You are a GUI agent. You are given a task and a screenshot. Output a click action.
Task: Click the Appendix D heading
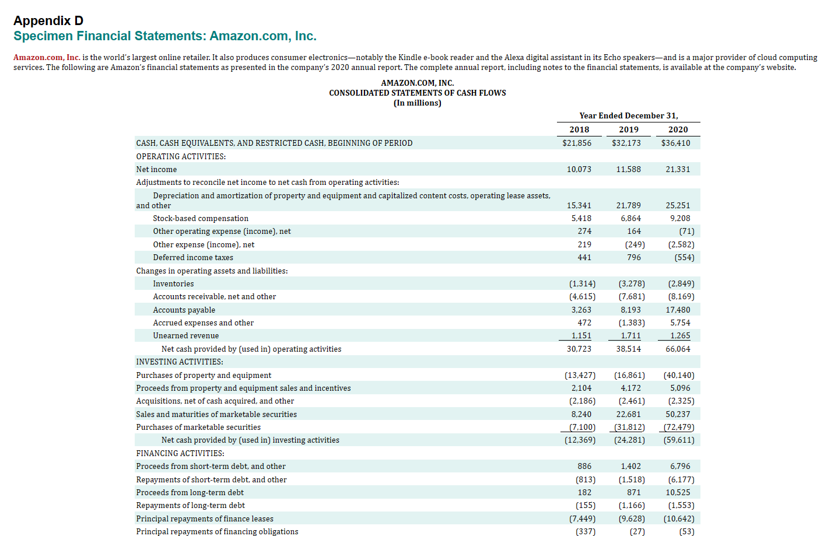click(48, 20)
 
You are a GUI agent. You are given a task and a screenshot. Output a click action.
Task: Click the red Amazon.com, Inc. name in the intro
click(47, 57)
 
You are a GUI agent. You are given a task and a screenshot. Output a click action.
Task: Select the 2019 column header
click(628, 129)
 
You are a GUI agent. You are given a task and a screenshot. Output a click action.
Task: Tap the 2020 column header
click(678, 129)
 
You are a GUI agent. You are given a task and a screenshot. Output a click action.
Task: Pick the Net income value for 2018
click(579, 169)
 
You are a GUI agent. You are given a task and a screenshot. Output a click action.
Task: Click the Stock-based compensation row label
click(201, 218)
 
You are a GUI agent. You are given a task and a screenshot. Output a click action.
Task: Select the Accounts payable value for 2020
click(678, 310)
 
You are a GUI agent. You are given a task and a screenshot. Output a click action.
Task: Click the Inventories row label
click(173, 283)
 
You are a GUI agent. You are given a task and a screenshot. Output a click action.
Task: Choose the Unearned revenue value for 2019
click(630, 335)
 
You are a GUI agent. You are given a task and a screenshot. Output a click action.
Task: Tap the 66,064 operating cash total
click(678, 349)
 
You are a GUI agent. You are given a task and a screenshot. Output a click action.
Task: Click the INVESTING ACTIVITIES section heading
click(180, 362)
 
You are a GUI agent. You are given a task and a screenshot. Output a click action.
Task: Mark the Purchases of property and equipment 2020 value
click(678, 375)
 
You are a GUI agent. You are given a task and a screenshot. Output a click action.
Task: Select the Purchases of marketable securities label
click(198, 427)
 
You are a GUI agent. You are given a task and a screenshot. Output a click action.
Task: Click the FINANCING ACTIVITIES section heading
click(180, 453)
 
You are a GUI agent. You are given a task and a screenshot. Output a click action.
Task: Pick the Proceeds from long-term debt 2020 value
click(678, 492)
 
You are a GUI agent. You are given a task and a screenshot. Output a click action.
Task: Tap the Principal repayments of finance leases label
click(205, 519)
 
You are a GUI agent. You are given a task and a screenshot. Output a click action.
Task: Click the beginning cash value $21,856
click(576, 143)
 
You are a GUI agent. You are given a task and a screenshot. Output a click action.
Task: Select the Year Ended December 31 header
click(628, 115)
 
